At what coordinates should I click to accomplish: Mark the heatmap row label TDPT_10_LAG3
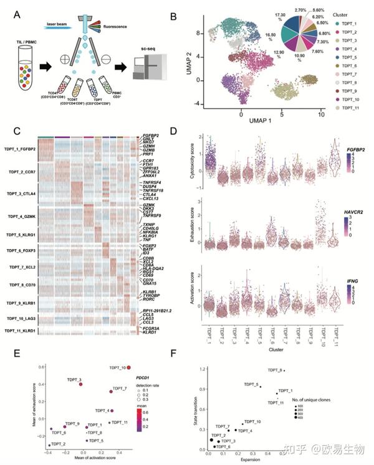[x=24, y=317]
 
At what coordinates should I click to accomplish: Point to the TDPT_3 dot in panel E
[x=81, y=384]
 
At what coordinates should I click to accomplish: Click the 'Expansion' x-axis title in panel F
[x=250, y=459]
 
